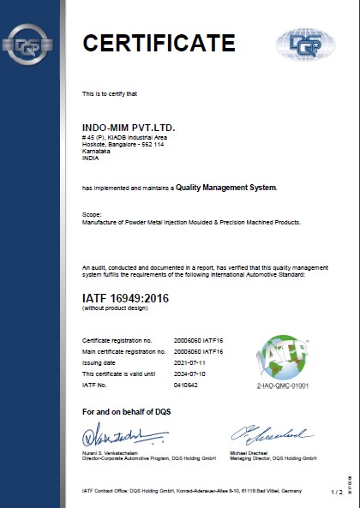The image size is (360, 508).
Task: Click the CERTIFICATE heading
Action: [158, 43]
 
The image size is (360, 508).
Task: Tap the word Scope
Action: [92, 212]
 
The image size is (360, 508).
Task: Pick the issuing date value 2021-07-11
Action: [189, 362]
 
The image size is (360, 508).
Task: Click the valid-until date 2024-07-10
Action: [189, 373]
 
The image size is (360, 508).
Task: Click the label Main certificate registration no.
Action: [123, 352]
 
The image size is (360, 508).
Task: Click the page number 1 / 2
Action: [336, 491]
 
